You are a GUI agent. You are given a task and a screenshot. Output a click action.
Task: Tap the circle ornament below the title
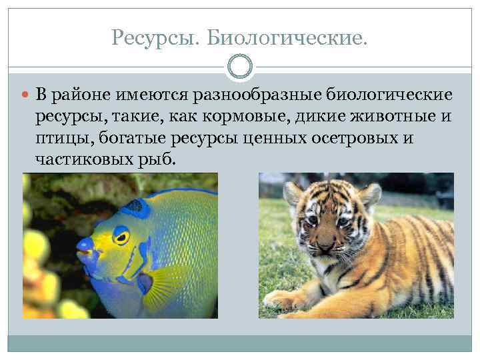pyautogui.click(x=240, y=67)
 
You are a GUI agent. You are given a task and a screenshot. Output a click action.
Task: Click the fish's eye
pyautogui.click(x=121, y=235)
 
